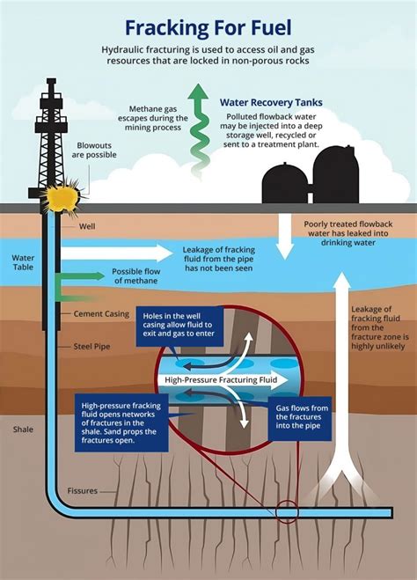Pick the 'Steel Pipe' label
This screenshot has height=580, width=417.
click(x=79, y=347)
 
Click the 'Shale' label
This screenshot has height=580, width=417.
click(x=23, y=429)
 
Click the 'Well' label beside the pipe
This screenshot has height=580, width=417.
click(x=86, y=226)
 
